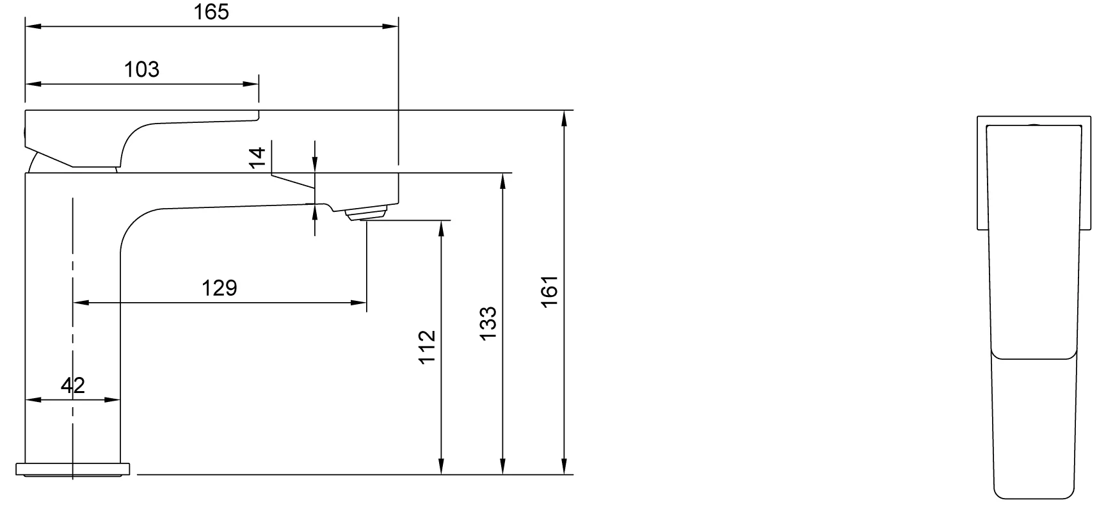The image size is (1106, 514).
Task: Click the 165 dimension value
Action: pos(212,12)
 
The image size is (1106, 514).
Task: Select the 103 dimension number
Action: pos(142,69)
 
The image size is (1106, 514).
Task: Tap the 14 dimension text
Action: pos(257,157)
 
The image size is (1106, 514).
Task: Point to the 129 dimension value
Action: pos(220,288)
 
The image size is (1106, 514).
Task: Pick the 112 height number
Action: pos(427,347)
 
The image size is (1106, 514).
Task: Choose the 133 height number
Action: pos(488,324)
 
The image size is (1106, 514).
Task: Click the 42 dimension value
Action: pos(73,385)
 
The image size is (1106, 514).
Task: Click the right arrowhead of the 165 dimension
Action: pos(390,26)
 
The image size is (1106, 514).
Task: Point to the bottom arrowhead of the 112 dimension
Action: pos(441,467)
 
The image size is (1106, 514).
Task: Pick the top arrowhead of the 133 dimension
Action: pos(503,181)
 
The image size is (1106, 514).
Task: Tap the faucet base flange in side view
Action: pos(73,469)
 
